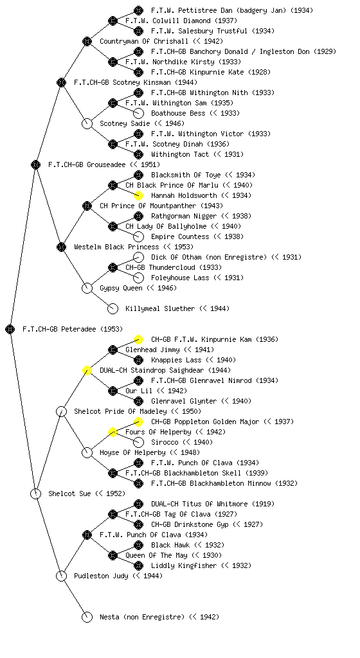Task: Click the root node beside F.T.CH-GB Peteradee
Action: (x=10, y=330)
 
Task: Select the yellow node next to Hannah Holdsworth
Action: (x=138, y=195)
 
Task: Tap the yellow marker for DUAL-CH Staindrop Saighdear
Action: (x=87, y=371)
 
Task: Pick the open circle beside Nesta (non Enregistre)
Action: (x=87, y=618)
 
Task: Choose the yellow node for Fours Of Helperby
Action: (x=113, y=432)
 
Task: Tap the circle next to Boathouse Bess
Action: (x=138, y=113)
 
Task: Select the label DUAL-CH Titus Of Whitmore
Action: (x=199, y=504)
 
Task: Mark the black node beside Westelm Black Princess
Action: (x=61, y=247)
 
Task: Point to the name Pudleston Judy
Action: (x=101, y=576)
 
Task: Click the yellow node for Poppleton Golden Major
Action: (x=138, y=422)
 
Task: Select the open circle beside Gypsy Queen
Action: (x=87, y=289)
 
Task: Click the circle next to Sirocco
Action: (x=138, y=442)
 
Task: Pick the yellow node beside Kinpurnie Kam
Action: (x=138, y=339)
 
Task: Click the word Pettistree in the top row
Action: (x=197, y=10)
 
